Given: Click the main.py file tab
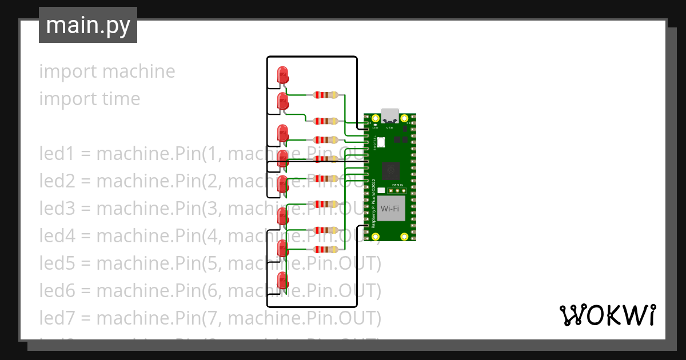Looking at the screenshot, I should click(x=87, y=25).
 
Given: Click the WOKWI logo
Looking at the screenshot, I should click(x=607, y=315).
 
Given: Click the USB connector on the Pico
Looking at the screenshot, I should click(x=391, y=116).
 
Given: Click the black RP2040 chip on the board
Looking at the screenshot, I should click(x=392, y=170).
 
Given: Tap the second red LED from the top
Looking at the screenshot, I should click(x=282, y=102).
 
